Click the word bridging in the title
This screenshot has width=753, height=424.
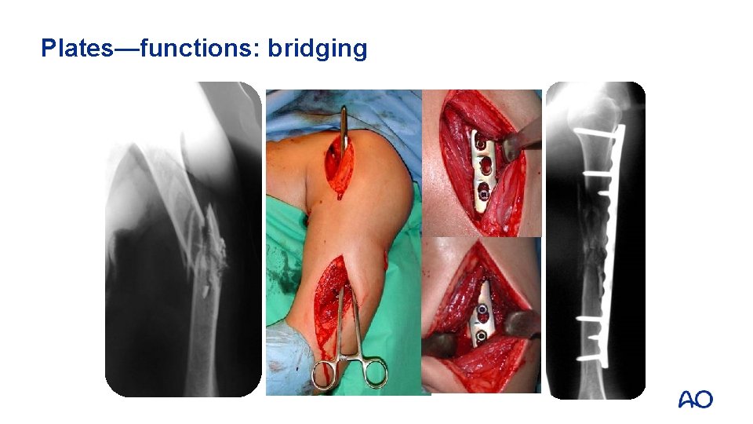pos(318,49)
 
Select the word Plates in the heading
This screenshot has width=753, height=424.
pos(75,49)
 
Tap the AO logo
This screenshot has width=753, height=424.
pos(695,399)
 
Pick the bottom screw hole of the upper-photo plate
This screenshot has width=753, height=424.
pos(484,188)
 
